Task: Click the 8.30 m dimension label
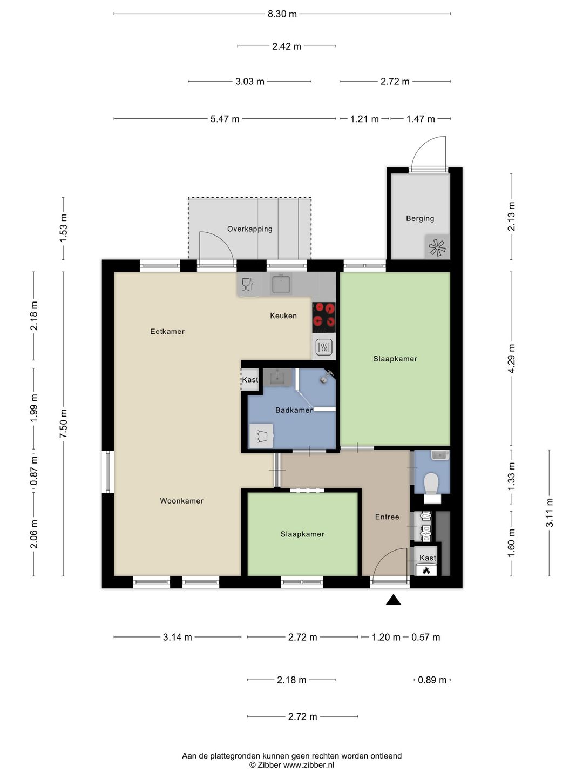pyautogui.click(x=282, y=14)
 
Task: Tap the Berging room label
pyautogui.click(x=420, y=218)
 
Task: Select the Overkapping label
pyautogui.click(x=249, y=229)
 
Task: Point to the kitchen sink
pyautogui.click(x=281, y=284)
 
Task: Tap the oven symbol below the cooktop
pyautogui.click(x=324, y=347)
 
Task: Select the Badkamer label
pyautogui.click(x=294, y=410)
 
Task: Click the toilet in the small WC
pyautogui.click(x=431, y=482)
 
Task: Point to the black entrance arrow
pyautogui.click(x=394, y=600)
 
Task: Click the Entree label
pyautogui.click(x=387, y=517)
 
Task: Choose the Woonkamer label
pyautogui.click(x=181, y=501)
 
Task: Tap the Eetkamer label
pyautogui.click(x=167, y=331)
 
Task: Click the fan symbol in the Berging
pyautogui.click(x=437, y=247)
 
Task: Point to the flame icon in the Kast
pyautogui.click(x=426, y=571)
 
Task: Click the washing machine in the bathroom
pyautogui.click(x=261, y=436)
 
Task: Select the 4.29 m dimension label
pyautogui.click(x=511, y=359)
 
